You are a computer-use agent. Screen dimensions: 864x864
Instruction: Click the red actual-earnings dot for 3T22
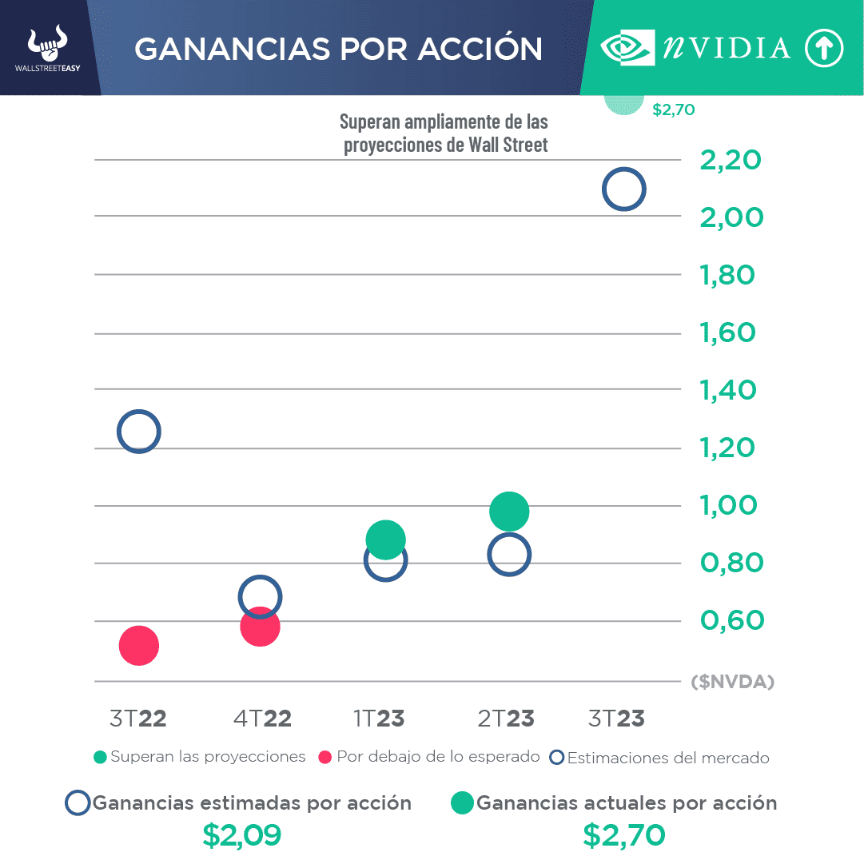[x=139, y=646]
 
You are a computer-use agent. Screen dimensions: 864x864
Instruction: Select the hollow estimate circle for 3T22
[x=139, y=432]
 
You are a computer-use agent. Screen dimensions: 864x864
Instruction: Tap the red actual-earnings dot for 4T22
[x=260, y=626]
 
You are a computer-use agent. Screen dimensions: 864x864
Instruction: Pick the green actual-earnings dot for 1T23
[x=385, y=539]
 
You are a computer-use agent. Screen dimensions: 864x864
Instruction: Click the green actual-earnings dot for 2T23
[x=509, y=512]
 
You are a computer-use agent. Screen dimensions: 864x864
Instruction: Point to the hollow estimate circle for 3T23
[x=623, y=189]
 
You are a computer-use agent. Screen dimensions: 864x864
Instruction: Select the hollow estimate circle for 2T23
[x=509, y=555]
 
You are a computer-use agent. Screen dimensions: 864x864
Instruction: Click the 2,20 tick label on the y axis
[x=730, y=160]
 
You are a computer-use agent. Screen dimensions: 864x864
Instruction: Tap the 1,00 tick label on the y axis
[x=728, y=505]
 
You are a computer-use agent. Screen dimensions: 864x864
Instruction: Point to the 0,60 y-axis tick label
[x=731, y=620]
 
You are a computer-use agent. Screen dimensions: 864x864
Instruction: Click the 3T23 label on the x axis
[x=615, y=719]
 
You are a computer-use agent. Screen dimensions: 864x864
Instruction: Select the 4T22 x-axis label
[x=262, y=719]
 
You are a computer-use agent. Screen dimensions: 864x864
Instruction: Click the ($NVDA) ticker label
[x=733, y=682]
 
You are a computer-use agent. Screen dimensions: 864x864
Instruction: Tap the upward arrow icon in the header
[x=824, y=49]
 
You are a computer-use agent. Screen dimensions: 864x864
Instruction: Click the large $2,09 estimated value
[x=241, y=835]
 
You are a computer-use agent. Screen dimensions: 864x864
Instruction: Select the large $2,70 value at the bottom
[x=623, y=835]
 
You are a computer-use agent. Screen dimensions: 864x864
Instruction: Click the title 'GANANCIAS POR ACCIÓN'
[x=338, y=49]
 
